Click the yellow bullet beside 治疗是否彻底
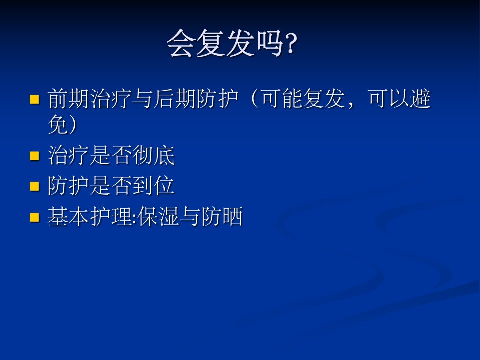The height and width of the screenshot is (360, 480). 35,156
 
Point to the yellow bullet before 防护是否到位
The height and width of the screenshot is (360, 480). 35,186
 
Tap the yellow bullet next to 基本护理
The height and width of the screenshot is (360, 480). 35,217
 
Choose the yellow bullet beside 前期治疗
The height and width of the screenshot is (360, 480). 35,100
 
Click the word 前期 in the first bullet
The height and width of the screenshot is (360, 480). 69,99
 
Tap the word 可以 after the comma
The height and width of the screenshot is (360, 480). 389,99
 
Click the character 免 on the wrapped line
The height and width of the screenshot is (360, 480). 58,125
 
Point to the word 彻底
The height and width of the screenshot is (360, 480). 153,155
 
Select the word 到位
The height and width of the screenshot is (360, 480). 153,186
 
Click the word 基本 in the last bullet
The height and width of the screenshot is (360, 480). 69,216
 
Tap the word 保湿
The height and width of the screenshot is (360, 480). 158,216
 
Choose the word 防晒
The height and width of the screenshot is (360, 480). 222,216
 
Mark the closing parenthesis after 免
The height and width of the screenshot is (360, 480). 72,125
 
